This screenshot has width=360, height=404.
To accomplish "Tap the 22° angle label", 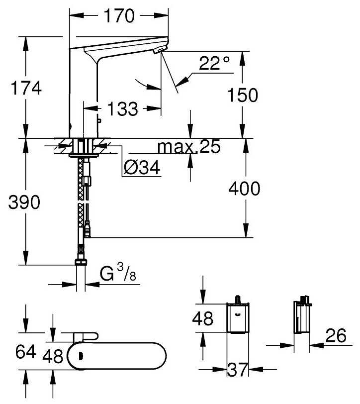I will coord(214,63).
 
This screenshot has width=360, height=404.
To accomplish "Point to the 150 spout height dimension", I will coord(242,95).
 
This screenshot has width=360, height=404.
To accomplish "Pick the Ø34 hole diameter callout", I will coord(142,169).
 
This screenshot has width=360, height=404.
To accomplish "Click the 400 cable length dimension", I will coord(244,189).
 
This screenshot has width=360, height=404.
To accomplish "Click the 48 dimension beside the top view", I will coord(52,356).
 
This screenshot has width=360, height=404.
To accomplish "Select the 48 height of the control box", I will coord(202,318).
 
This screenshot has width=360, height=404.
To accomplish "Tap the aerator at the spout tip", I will coord(158,51).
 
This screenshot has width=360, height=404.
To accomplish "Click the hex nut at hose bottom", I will coord(81,262).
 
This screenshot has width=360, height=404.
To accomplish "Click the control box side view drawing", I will coord(303,316).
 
